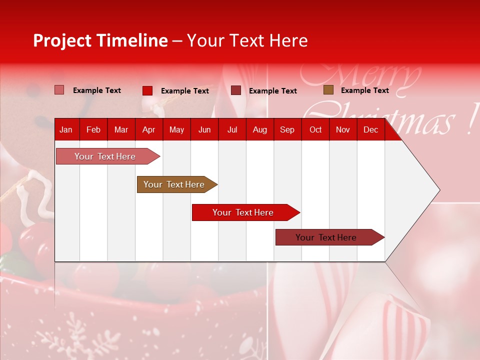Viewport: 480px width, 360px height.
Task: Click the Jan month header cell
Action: pos(66,129)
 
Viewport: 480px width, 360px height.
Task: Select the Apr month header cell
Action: pos(148,129)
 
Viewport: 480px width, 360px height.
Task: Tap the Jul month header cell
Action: pos(232,129)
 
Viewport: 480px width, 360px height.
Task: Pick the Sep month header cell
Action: pos(287,129)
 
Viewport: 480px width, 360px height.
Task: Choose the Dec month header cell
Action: pos(370,129)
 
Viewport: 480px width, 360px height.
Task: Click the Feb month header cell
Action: pos(93,129)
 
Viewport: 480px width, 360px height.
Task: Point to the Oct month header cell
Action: pos(315,129)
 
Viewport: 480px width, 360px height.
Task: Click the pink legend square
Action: pos(59,90)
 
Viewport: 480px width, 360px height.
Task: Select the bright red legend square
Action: pos(147,90)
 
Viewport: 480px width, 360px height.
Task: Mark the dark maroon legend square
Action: pos(236,90)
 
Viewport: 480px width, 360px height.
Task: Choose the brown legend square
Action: pos(328,90)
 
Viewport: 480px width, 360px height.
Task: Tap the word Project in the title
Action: pos(62,40)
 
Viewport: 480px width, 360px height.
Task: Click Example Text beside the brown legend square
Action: pos(364,90)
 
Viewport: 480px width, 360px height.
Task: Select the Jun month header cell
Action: pos(204,129)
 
